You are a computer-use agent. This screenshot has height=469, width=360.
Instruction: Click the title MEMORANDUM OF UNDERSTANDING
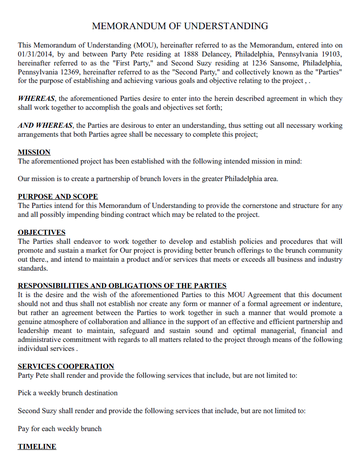[x=179, y=25]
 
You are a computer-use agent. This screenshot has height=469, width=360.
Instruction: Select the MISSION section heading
[x=36, y=151]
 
